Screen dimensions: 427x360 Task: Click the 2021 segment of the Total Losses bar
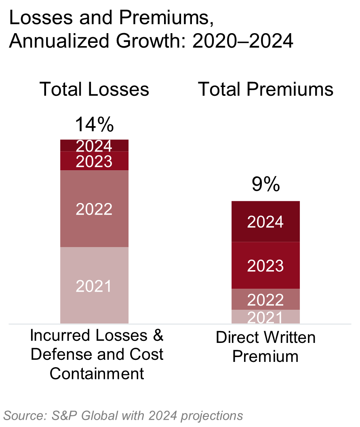(94, 285)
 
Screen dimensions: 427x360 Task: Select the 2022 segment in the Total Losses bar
(94, 209)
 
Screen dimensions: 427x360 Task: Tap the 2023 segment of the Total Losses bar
(94, 161)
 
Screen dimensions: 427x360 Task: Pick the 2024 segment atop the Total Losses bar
(94, 146)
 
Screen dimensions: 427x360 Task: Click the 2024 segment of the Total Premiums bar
(265, 222)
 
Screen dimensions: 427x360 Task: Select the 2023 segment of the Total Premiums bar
(265, 265)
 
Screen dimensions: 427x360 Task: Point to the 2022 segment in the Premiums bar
(265, 299)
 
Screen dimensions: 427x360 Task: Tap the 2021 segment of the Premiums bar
(265, 317)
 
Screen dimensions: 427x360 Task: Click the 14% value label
(94, 125)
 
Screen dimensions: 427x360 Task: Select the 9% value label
(265, 186)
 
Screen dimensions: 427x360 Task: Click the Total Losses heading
(94, 89)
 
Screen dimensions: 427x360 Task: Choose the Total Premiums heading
(265, 89)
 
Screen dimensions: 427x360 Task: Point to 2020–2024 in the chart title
(243, 41)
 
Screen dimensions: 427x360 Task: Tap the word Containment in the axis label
(97, 373)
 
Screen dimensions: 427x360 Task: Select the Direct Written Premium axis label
(265, 347)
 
